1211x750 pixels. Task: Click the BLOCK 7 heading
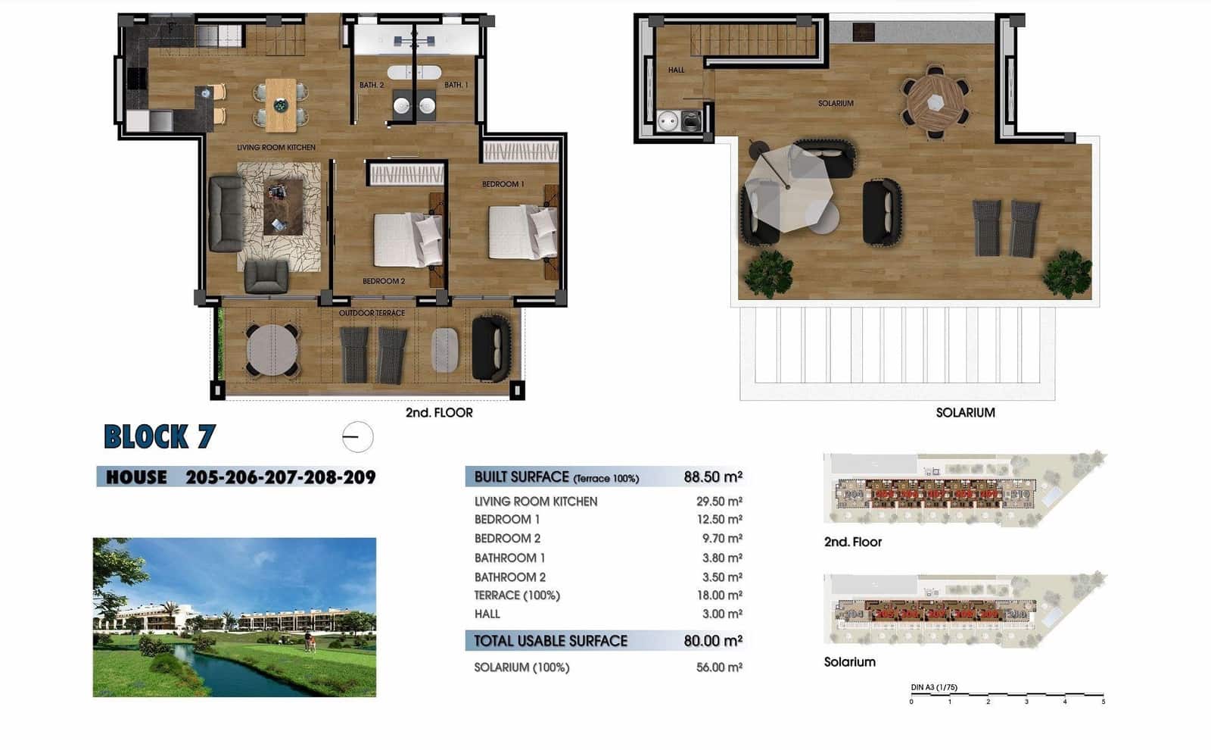[x=160, y=437]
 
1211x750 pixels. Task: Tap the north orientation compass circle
[x=357, y=437]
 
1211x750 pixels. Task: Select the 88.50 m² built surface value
[x=712, y=477]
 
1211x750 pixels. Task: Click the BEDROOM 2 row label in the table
[x=507, y=539]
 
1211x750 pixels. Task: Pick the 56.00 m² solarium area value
[x=718, y=667]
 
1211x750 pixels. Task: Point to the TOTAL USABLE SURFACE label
[x=550, y=641]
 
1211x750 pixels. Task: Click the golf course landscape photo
[x=234, y=617]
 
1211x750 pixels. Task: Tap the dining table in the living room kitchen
[x=281, y=105]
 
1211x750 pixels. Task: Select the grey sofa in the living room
[x=226, y=214]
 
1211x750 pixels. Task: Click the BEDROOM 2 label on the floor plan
[x=383, y=281]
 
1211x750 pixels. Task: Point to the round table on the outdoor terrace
[x=272, y=350]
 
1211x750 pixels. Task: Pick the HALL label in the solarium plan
[x=676, y=70]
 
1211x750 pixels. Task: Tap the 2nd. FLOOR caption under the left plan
[x=439, y=413]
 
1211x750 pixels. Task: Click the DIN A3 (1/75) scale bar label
[x=934, y=688]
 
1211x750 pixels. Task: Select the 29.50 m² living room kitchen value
[x=718, y=502]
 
